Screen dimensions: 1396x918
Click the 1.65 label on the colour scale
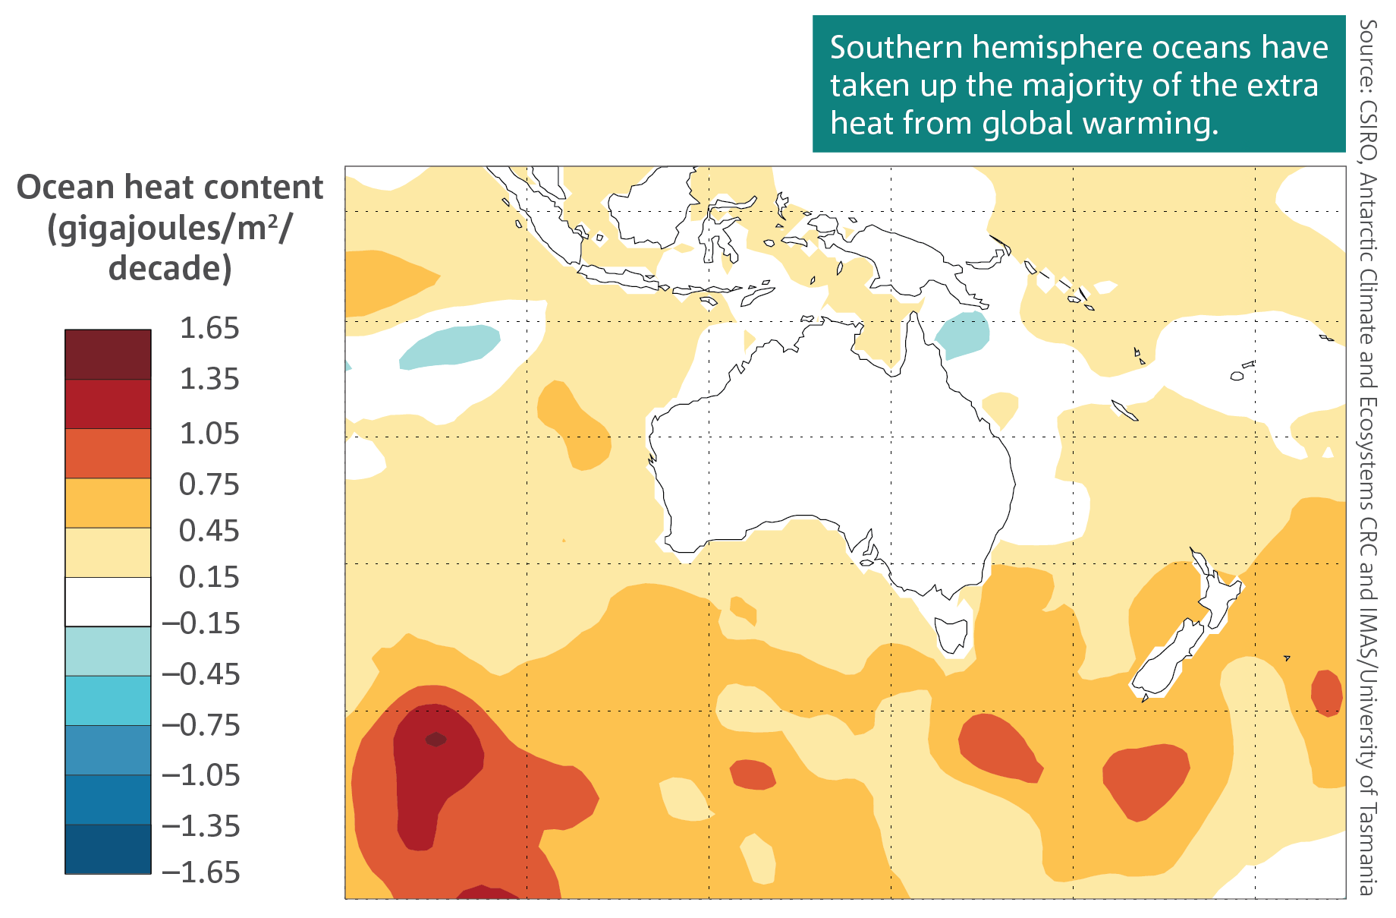209,329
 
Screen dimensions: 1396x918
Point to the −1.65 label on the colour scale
201,872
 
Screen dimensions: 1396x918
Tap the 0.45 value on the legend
209,531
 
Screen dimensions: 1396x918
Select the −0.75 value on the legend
201,725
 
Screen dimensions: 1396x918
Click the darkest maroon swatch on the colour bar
108,355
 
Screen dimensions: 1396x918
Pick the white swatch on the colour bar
108,602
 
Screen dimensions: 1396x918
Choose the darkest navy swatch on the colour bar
108,849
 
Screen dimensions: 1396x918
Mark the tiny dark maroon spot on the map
435,739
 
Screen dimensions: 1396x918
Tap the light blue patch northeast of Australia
963,334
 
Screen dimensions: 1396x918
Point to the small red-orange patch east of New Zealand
1327,692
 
